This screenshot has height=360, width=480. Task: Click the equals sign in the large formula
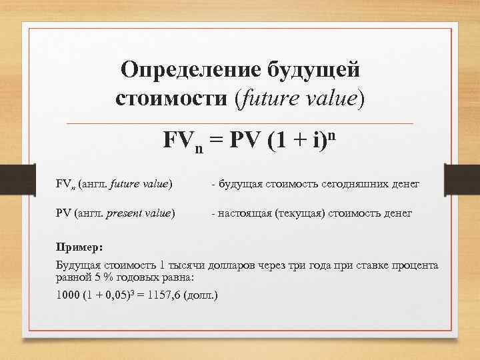pyautogui.click(x=213, y=143)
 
